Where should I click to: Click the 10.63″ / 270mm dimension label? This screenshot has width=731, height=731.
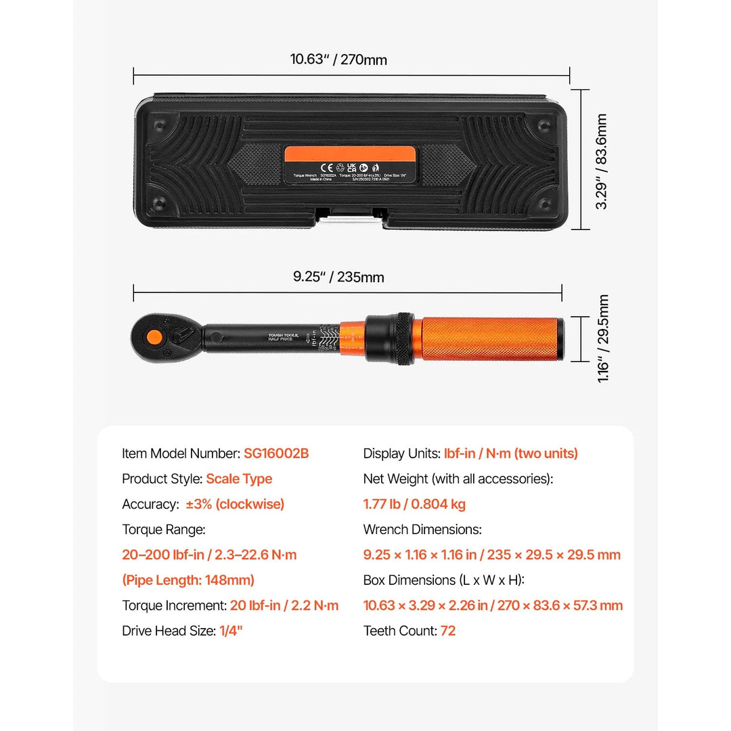tap(338, 60)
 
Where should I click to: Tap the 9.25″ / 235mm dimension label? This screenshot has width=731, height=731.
tap(338, 277)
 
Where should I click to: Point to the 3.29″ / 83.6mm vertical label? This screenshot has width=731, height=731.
tap(602, 161)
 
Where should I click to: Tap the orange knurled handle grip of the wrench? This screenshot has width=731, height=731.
tap(487, 338)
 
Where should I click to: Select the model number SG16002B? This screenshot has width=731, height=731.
tap(276, 453)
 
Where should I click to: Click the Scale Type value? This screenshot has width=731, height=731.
tap(239, 479)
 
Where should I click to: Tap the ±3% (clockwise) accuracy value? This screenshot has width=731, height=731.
tap(235, 504)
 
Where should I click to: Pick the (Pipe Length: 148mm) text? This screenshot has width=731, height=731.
tap(188, 580)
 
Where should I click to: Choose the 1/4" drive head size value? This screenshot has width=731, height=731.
tap(231, 631)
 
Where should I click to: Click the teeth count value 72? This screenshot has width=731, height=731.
tap(448, 631)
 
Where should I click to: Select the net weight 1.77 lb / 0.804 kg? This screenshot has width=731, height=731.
tap(414, 504)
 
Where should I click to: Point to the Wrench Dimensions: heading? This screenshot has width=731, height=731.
tap(422, 529)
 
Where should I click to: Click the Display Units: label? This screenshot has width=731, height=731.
tap(401, 453)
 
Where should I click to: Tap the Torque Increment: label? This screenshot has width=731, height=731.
tap(174, 606)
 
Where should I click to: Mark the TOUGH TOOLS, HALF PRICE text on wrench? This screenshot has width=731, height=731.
tap(284, 337)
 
